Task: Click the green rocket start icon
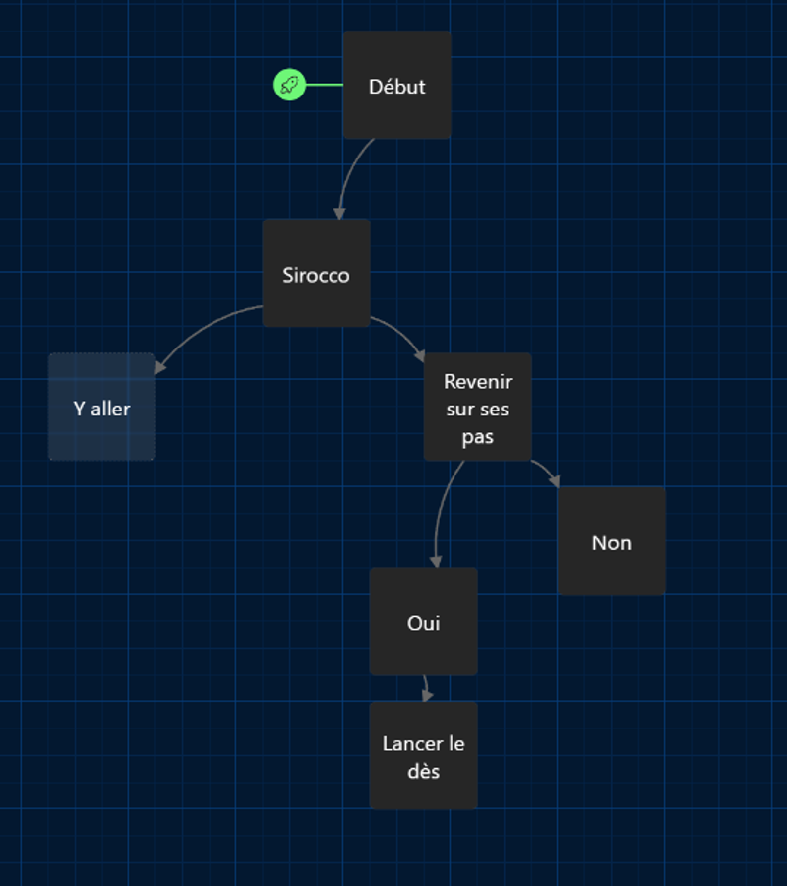[289, 85]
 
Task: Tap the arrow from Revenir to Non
[547, 471]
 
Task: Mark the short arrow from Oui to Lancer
[426, 688]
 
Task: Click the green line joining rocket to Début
[324, 85]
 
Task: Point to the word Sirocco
[316, 275]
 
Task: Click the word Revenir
[477, 381]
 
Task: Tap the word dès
[423, 771]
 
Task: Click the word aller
[110, 408]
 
